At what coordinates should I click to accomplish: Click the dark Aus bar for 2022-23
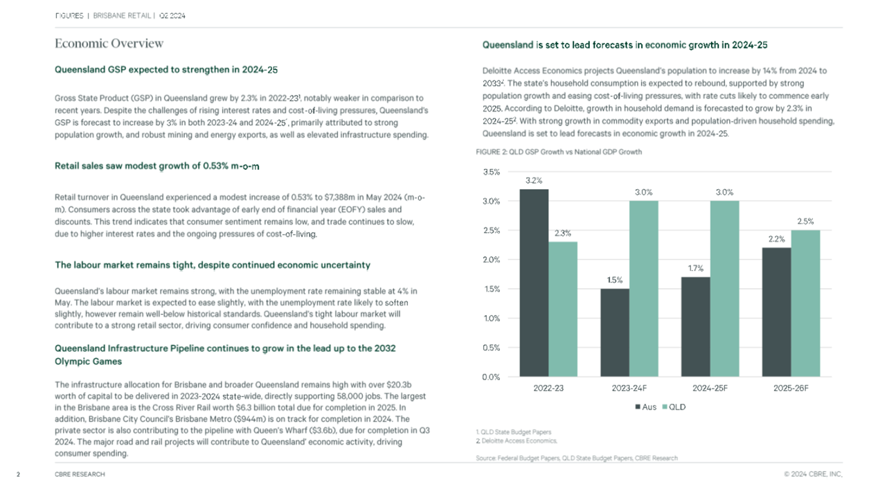(x=534, y=283)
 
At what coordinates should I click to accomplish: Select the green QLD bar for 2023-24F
(x=643, y=289)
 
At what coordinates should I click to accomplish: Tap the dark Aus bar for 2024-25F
(x=696, y=327)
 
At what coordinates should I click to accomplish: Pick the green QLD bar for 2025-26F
(x=805, y=303)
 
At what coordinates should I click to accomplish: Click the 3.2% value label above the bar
(x=534, y=181)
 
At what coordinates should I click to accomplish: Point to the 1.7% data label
(x=696, y=268)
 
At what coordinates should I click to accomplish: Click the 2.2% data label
(x=777, y=239)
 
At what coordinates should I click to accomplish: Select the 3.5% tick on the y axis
(x=491, y=172)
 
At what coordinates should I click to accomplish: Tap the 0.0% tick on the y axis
(x=491, y=377)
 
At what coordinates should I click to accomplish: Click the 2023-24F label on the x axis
(x=629, y=388)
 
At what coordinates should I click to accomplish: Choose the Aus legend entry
(x=645, y=407)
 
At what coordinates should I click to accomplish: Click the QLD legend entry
(x=674, y=407)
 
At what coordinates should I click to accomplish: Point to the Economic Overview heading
(x=109, y=44)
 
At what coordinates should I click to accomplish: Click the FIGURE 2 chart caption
(x=559, y=152)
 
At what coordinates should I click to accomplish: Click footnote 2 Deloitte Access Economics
(x=517, y=441)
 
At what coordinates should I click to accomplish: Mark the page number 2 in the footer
(x=18, y=474)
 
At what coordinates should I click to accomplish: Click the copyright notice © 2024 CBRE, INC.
(x=813, y=474)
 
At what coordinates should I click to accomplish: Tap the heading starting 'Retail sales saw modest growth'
(x=156, y=166)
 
